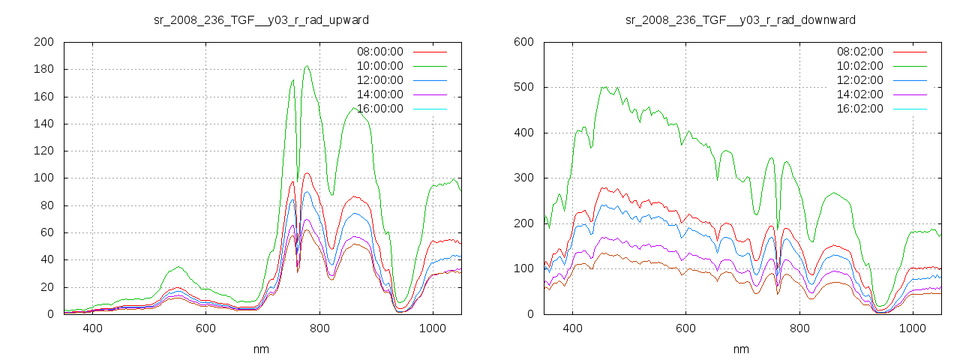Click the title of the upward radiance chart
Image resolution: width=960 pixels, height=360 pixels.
point(261,19)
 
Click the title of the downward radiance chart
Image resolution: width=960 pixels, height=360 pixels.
point(740,19)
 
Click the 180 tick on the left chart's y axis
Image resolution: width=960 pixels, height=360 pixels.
point(43,69)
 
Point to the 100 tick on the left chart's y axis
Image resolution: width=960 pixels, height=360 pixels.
point(43,178)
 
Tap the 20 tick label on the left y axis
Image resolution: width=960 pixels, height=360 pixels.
point(46,287)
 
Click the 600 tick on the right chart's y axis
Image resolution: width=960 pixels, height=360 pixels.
point(523,42)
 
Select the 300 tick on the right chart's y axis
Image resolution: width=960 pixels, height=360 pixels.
point(523,178)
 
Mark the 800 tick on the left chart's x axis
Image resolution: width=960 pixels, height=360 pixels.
point(319,328)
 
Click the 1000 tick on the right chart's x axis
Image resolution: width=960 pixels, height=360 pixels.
point(912,328)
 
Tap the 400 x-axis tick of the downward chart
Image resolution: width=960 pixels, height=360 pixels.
point(572,328)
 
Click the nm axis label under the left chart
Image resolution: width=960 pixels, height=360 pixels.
point(261,349)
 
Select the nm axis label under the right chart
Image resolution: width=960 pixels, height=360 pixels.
point(741,349)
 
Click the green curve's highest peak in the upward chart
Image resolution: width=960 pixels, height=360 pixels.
point(307,66)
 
